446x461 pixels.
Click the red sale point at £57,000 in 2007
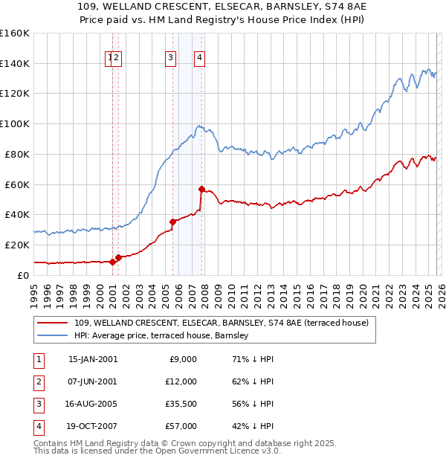(201, 189)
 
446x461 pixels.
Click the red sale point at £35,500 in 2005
(172, 221)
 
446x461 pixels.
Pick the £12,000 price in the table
(181, 381)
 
